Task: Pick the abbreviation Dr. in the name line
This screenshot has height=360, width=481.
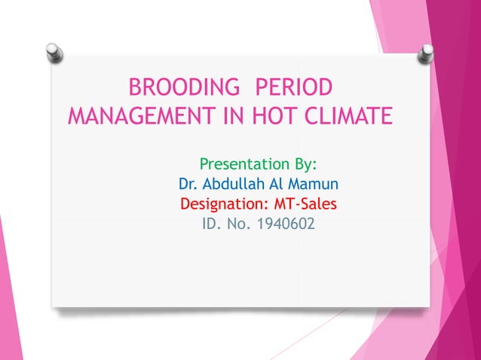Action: click(x=188, y=184)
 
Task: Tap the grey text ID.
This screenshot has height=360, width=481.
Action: click(x=212, y=224)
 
